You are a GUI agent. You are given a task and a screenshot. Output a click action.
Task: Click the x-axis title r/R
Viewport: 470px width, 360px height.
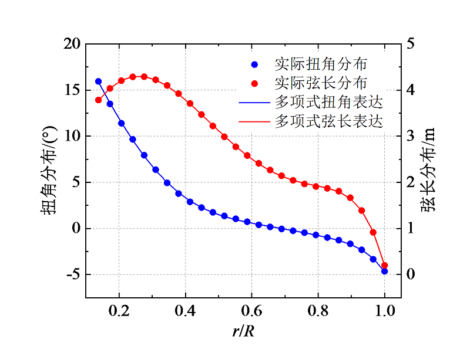pos(243,331)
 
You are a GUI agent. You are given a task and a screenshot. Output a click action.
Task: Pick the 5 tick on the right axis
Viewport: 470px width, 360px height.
pos(409,44)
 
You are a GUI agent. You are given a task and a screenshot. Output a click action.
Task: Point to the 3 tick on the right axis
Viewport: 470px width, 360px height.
pos(409,136)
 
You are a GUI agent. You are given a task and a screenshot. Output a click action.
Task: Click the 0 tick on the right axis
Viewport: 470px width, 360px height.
pos(409,274)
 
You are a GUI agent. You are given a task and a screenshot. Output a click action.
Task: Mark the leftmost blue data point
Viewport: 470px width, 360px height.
pos(98,81)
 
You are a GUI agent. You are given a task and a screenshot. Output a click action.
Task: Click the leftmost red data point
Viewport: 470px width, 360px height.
pos(98,100)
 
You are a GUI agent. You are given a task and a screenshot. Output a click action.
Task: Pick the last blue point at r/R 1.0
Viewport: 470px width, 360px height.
pos(385,271)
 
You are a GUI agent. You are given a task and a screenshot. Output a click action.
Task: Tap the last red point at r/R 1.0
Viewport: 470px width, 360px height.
pos(385,265)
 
